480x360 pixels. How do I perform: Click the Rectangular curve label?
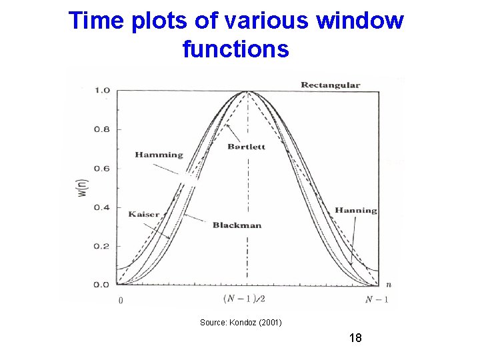click(330, 85)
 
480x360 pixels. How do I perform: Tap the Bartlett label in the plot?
click(246, 146)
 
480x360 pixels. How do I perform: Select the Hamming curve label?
click(159, 155)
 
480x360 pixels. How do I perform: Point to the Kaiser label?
click(144, 214)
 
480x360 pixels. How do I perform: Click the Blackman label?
click(237, 225)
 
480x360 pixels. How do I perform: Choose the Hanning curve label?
click(355, 211)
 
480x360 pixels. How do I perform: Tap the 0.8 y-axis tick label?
click(101, 129)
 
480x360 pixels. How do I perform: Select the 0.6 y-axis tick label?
click(101, 168)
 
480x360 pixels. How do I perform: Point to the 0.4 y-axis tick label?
click(101, 207)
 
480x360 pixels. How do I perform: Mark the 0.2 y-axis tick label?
click(101, 246)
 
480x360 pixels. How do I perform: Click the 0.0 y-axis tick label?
click(101, 285)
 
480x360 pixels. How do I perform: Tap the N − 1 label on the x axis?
click(377, 299)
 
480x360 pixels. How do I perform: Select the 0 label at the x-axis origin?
click(120, 300)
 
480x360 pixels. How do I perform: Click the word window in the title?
click(360, 21)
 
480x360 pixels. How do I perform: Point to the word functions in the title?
click(235, 49)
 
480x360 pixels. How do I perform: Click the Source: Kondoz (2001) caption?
click(241, 323)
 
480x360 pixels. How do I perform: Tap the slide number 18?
click(355, 338)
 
